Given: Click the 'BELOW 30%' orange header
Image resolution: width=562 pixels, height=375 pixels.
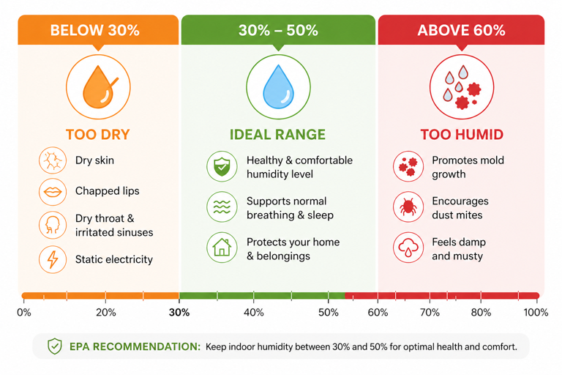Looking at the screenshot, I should tap(94, 31).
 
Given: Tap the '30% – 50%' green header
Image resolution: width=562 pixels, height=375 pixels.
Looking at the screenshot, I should tap(278, 31).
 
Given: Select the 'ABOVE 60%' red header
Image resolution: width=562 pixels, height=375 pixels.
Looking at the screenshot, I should tap(461, 31).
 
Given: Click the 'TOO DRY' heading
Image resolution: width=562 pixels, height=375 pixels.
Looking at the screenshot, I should tap(97, 135).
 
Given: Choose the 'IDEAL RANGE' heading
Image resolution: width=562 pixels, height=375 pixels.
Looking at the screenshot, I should tap(277, 135).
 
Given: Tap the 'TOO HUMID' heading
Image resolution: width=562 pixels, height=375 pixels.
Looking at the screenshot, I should tap(461, 135).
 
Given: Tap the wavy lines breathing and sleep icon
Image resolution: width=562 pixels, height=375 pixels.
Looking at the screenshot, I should tap(222, 208).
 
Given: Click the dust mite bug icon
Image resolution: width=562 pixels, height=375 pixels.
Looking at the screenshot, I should tap(408, 208).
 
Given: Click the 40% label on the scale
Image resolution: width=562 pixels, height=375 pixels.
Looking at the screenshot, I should tap(253, 313).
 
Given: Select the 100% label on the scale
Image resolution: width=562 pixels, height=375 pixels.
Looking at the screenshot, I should tap(536, 313).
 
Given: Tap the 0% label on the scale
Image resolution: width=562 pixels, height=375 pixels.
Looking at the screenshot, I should tap(24, 313).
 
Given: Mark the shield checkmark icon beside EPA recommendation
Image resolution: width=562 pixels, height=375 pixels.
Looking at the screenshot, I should tap(55, 346).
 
